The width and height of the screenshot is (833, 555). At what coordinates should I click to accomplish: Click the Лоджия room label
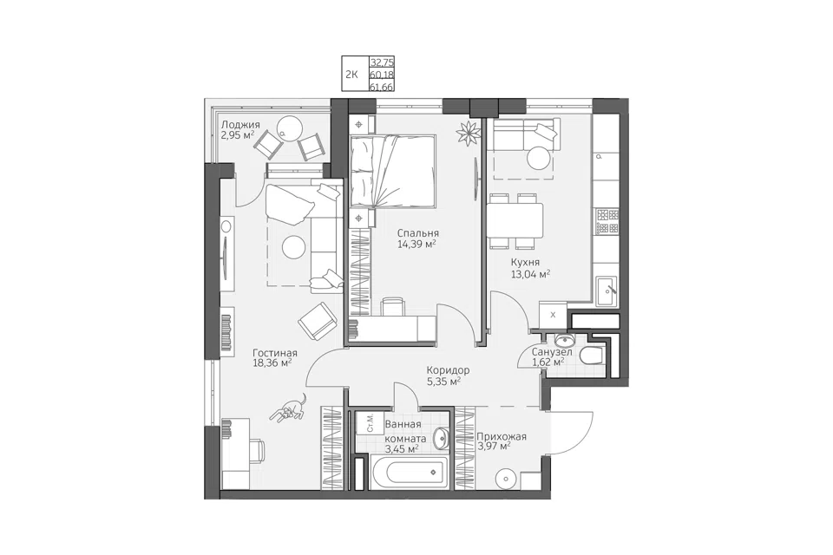pyautogui.click(x=240, y=125)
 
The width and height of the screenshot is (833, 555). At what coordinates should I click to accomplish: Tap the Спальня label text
pyautogui.click(x=418, y=233)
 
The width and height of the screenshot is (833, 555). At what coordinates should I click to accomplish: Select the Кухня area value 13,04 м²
pyautogui.click(x=529, y=274)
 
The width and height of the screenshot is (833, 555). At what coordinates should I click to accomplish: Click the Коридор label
pyautogui.click(x=448, y=369)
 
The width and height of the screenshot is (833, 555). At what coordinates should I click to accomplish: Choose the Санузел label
pyautogui.click(x=552, y=351)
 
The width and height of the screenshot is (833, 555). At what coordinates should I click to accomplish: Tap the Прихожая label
pyautogui.click(x=502, y=436)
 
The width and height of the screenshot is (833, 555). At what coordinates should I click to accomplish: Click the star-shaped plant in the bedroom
pyautogui.click(x=469, y=132)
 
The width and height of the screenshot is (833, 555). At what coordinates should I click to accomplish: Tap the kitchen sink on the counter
pyautogui.click(x=606, y=291)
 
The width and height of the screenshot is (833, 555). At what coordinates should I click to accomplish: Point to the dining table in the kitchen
pyautogui.click(x=515, y=220)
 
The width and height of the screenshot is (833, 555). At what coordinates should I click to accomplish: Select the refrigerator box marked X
pyautogui.click(x=553, y=315)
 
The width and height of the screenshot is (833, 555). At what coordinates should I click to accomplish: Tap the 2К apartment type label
pyautogui.click(x=351, y=75)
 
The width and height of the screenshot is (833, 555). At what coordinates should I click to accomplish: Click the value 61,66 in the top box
pyautogui.click(x=382, y=87)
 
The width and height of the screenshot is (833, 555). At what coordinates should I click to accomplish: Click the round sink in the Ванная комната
pyautogui.click(x=441, y=439)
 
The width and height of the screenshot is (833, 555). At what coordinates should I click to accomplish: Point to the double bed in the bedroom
pyautogui.click(x=392, y=171)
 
